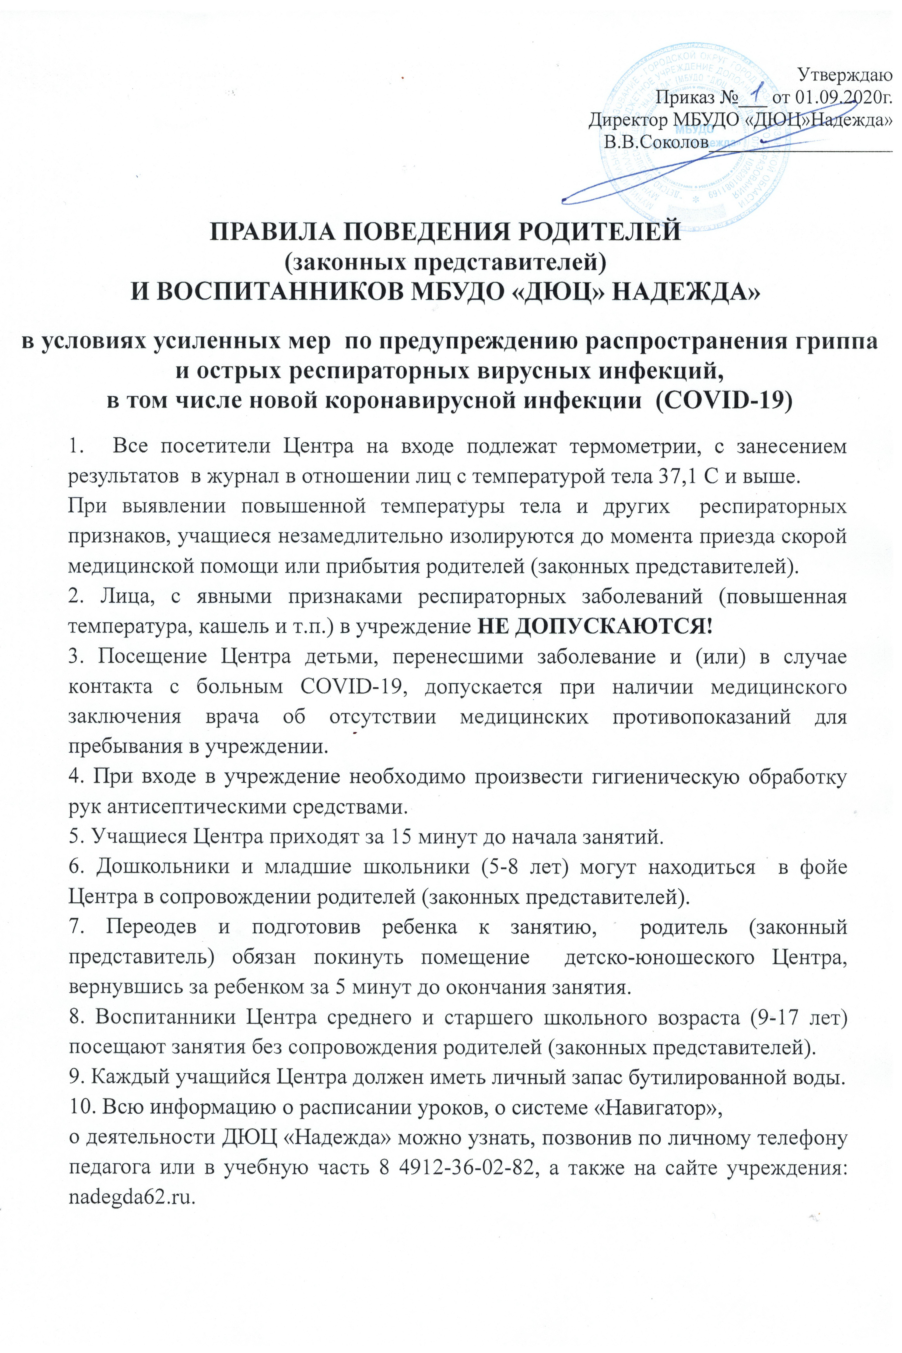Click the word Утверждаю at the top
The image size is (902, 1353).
844,75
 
